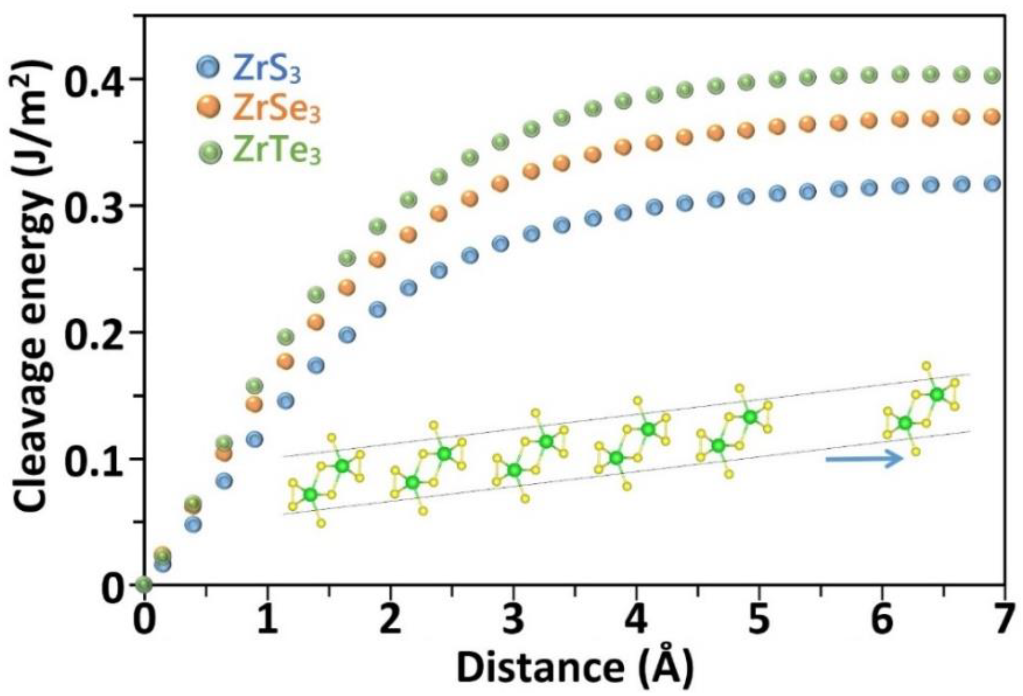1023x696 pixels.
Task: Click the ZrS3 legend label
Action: [267, 70]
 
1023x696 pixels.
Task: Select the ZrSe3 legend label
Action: [276, 110]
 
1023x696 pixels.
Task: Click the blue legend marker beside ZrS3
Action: [208, 67]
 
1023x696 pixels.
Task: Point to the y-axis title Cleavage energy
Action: [33, 286]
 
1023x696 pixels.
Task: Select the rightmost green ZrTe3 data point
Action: [991, 76]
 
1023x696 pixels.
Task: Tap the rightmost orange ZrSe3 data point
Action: [991, 117]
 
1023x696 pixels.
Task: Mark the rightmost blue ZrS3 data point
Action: [991, 184]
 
